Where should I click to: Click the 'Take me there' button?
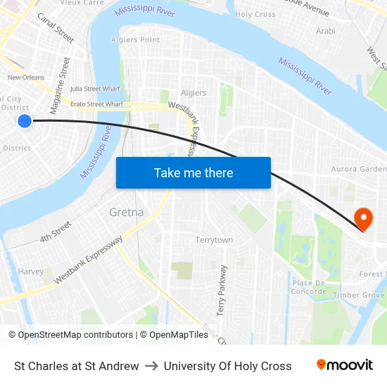coord(193,173)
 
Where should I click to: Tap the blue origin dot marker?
coord(25,121)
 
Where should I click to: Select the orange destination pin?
coord(363,218)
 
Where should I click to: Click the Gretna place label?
coord(126,212)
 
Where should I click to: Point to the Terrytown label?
coord(214,240)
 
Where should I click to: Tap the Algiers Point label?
coord(136,40)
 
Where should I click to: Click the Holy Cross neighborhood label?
coord(255,14)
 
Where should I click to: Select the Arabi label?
coord(326,31)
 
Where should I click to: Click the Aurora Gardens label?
coord(359,170)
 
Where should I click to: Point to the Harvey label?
coord(30,272)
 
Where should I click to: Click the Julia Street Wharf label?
coord(94,89)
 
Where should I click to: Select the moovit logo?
coord(345,365)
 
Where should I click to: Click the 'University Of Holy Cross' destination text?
coord(227,366)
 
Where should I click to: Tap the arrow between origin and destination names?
coord(151,366)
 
